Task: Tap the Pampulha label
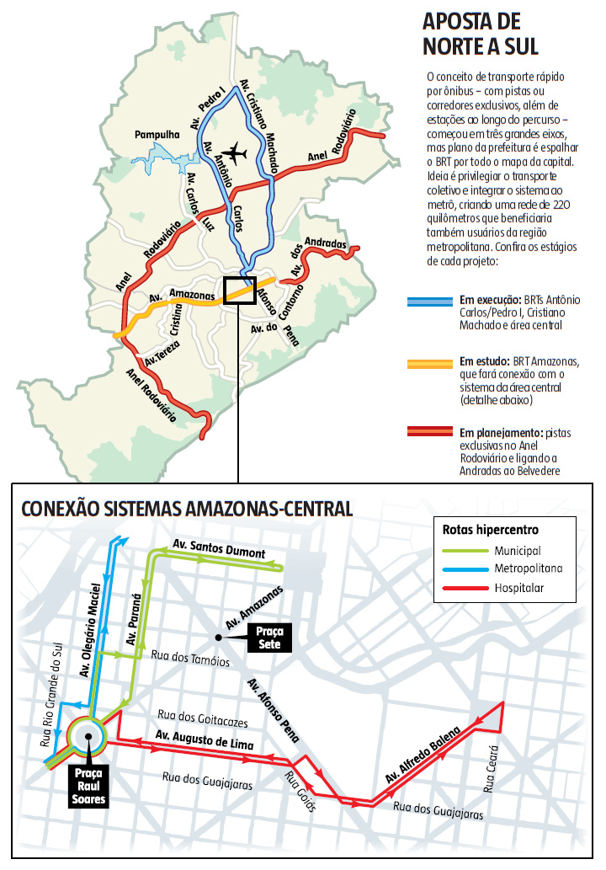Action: pyautogui.click(x=157, y=135)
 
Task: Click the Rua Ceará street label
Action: pyautogui.click(x=492, y=767)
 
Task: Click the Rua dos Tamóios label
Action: pyautogui.click(x=190, y=658)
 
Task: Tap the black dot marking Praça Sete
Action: pyautogui.click(x=218, y=638)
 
